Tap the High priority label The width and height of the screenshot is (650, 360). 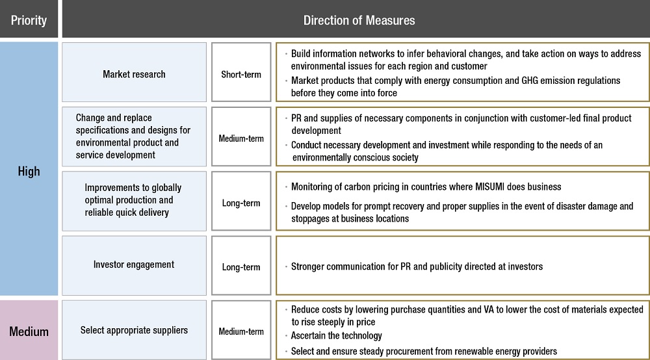(29, 171)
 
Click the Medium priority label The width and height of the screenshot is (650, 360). (29, 331)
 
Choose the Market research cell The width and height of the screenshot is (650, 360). (134, 72)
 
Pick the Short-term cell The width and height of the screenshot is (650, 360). (241, 72)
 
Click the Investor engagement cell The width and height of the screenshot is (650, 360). (134, 266)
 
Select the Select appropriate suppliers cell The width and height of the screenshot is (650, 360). (134, 330)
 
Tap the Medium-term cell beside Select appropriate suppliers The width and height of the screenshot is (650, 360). (241, 330)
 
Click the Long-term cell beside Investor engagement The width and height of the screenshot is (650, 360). (241, 266)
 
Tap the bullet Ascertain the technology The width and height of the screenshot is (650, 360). (336, 335)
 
